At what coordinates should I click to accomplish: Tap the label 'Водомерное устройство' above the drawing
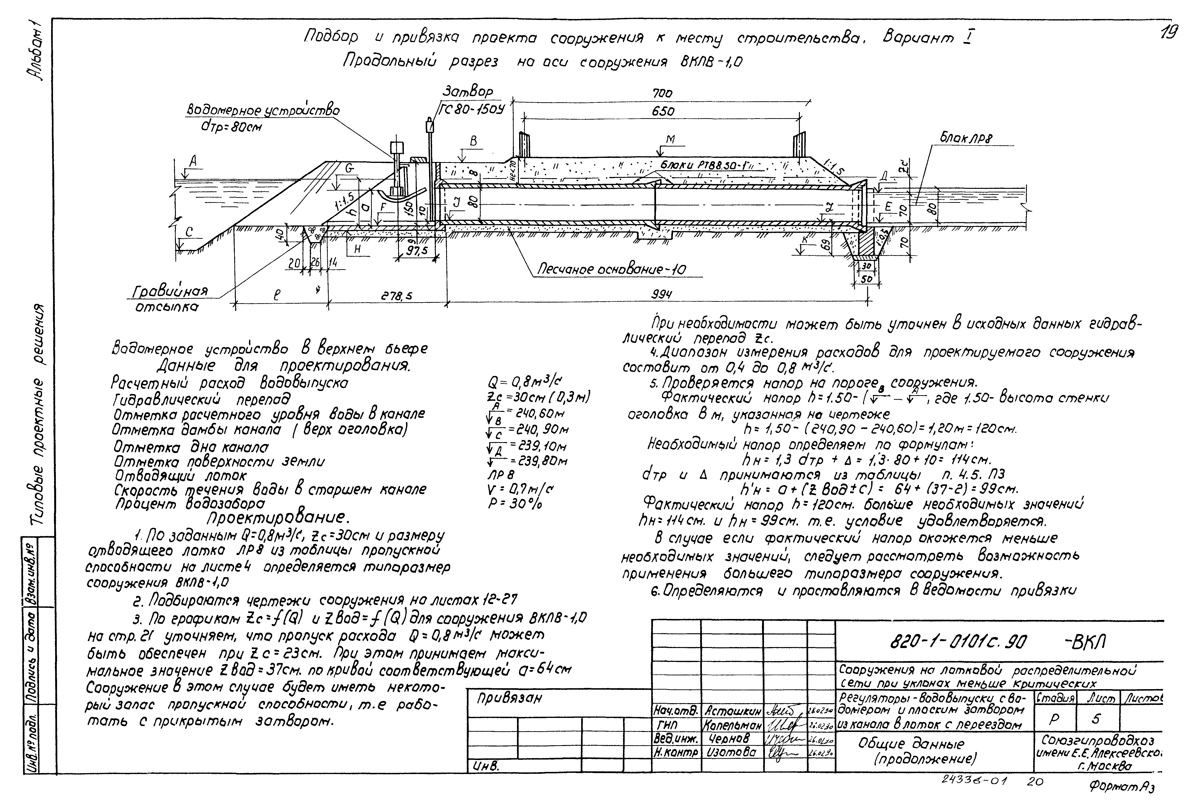(263, 110)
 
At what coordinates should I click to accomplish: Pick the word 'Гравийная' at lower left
(170, 292)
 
